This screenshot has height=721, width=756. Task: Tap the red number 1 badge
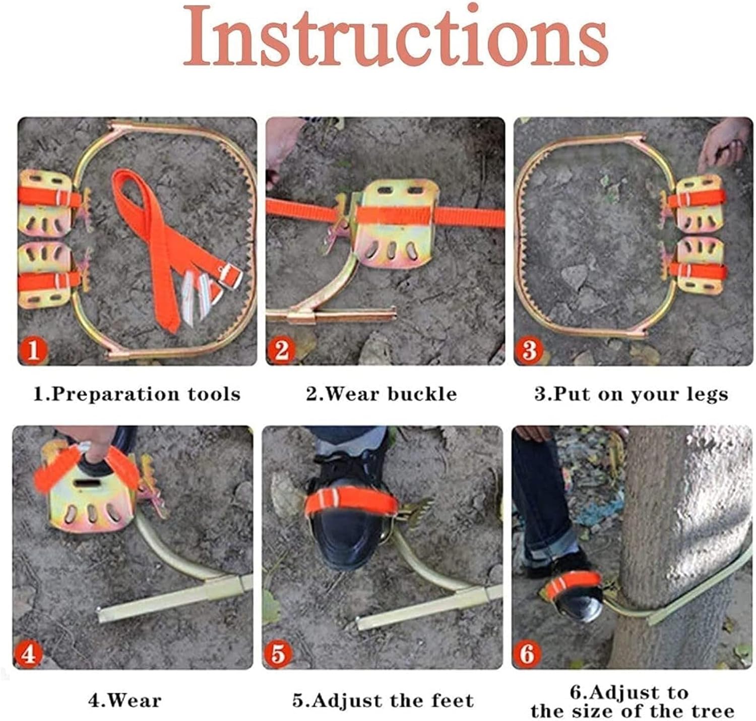pos(33,349)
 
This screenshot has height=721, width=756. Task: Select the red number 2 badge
pos(281,349)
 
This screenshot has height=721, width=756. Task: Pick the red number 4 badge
pos(29,654)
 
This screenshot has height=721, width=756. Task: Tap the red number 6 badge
pos(527,654)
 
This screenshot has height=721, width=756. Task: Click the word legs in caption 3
pos(709,394)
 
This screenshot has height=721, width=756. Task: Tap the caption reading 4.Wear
pos(125,700)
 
